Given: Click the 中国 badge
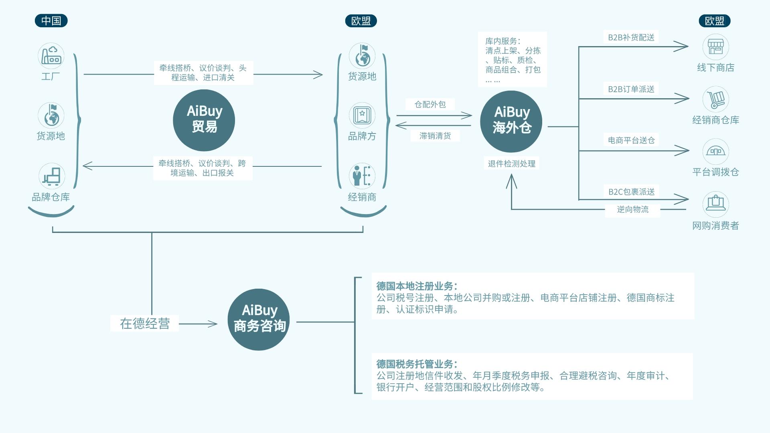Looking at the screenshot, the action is click(51, 21).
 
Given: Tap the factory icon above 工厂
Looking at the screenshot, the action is click(51, 56).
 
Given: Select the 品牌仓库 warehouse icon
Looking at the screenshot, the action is click(52, 176).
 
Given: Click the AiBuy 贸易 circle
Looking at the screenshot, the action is click(204, 120).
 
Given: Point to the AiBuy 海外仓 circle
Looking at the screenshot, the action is click(511, 121).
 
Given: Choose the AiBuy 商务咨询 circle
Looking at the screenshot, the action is click(259, 320).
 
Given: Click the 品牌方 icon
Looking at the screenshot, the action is click(362, 115).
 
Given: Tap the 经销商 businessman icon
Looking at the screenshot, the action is click(362, 176).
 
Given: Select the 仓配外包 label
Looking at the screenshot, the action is click(430, 105).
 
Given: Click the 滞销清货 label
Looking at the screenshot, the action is click(435, 136).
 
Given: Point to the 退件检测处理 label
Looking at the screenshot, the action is click(512, 164).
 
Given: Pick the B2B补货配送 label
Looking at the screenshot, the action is click(631, 38).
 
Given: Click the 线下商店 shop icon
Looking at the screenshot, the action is click(716, 47).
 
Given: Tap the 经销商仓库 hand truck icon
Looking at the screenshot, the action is click(716, 99).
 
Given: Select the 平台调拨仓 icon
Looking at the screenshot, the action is click(716, 152).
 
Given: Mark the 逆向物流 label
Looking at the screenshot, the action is click(633, 209).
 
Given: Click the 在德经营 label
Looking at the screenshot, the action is click(145, 324).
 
